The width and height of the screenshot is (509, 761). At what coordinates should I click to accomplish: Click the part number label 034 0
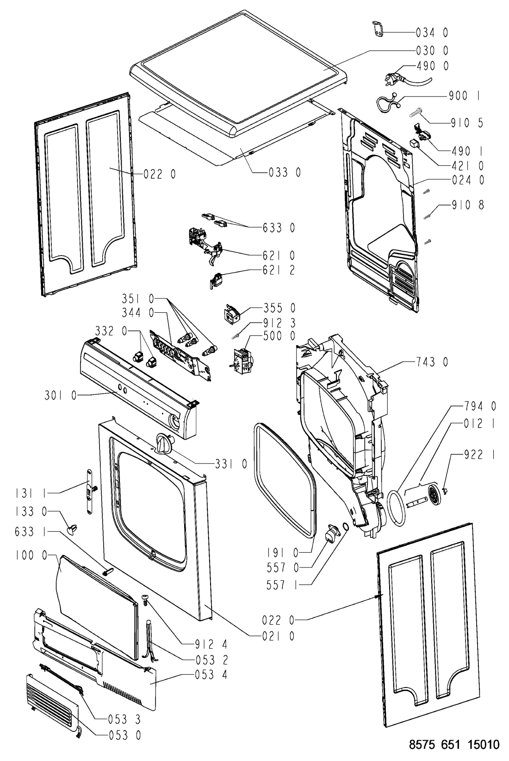pos(432,33)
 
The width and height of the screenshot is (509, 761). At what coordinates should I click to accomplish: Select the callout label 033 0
pos(285,172)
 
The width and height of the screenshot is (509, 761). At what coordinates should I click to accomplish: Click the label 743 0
pos(432,362)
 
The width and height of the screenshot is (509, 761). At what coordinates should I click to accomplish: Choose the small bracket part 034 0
pos(378,29)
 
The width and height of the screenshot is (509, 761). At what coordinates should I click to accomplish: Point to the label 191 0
pos(283,552)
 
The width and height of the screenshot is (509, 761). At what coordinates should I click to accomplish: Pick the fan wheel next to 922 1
pos(434,496)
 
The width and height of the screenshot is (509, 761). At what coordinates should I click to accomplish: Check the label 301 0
pos(61,396)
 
